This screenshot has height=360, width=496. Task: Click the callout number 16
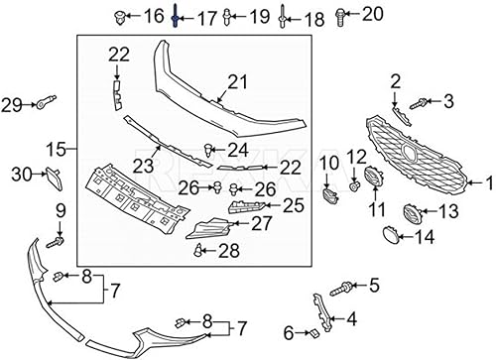point(154,15)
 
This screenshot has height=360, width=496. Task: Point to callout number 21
point(236,80)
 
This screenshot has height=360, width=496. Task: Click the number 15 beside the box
point(56,150)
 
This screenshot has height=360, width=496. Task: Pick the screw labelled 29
point(46,102)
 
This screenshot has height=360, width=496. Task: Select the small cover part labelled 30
point(51,178)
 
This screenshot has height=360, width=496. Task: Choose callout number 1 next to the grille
point(487,182)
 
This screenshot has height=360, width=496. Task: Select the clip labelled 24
point(208,151)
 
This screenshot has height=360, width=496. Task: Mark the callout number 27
point(261,224)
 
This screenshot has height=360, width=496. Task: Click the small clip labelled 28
point(199,248)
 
